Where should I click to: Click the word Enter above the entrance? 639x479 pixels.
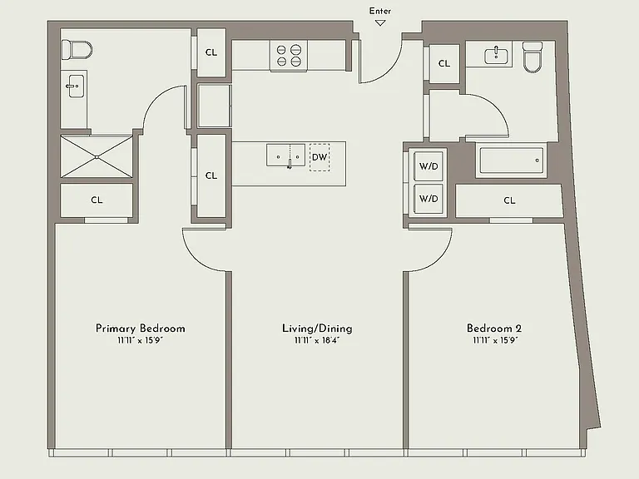click(379, 11)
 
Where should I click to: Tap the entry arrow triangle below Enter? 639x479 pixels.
click(380, 23)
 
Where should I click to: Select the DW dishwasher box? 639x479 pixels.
click(319, 157)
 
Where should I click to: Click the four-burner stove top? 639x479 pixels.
click(289, 56)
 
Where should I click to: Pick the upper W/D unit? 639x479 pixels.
click(428, 166)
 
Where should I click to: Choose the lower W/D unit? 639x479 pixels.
click(428, 199)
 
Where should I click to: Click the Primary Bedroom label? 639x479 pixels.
click(140, 328)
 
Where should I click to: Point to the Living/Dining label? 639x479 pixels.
click(317, 328)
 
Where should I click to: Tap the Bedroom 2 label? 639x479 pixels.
click(494, 328)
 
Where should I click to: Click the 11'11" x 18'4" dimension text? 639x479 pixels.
click(317, 340)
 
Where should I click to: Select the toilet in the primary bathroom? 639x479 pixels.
click(77, 50)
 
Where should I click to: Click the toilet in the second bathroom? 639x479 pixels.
click(532, 57)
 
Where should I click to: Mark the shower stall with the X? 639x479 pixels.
click(97, 157)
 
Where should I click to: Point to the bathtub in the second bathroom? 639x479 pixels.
click(511, 160)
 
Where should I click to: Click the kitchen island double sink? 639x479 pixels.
click(285, 156)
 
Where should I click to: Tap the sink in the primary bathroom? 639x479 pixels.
click(75, 86)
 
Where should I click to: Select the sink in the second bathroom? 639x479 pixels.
click(496, 56)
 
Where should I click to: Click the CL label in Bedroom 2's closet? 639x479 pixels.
click(509, 200)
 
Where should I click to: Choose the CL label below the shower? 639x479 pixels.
click(97, 200)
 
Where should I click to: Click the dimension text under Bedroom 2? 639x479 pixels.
click(495, 340)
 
